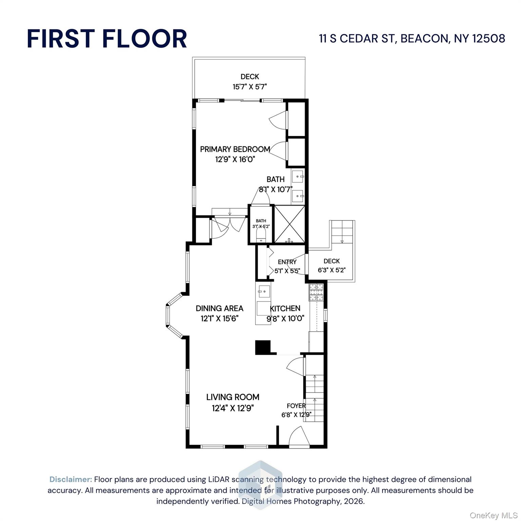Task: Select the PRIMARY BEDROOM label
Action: coord(235,149)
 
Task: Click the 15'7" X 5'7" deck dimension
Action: coord(250,87)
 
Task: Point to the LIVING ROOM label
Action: coord(233,397)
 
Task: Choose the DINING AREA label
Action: coord(219,308)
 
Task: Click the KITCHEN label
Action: coord(285,308)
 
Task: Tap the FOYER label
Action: coord(296,406)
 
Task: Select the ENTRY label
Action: coord(287,262)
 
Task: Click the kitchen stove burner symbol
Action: coord(316,292)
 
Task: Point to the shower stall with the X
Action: coord(289,224)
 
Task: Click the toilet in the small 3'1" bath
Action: coord(261,235)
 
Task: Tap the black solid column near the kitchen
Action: coord(262,347)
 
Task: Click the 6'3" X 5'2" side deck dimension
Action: coord(331,270)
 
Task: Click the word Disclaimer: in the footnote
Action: coord(71,479)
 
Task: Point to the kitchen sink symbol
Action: coord(264,291)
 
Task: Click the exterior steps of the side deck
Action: coord(342,231)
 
